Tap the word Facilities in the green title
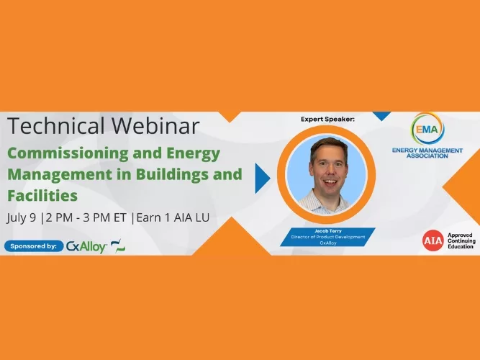(x=42, y=195)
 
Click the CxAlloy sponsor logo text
(x=86, y=246)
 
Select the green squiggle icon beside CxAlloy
(x=118, y=246)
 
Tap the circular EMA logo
(x=428, y=129)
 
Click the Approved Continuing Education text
(x=461, y=241)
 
